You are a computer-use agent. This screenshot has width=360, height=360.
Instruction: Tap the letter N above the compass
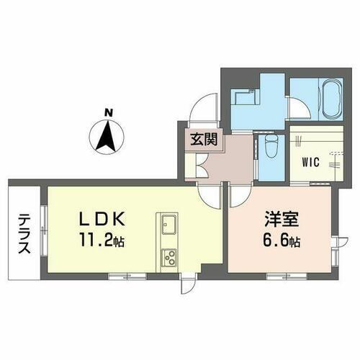pos(108,112)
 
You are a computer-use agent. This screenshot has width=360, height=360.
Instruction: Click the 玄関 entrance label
pos(201,140)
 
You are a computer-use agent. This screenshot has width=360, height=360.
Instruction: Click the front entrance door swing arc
pos(200,112)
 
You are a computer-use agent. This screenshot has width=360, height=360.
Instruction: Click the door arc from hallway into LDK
pos(210,193)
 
